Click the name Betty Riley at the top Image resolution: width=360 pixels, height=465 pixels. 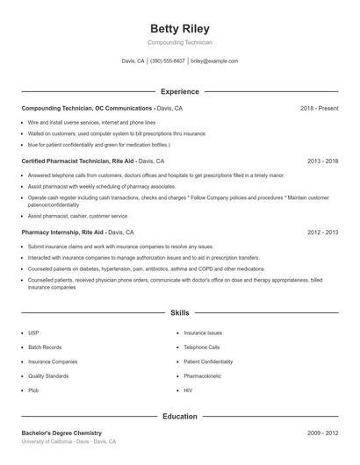coord(180,28)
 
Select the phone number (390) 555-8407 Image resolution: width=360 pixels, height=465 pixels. coord(168,61)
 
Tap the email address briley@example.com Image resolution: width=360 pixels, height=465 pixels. coord(214,61)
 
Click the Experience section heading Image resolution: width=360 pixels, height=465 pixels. coord(180,91)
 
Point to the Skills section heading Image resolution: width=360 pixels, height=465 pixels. coord(180,312)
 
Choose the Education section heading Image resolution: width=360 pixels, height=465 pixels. coord(180,417)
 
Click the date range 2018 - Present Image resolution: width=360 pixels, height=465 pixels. coord(320,108)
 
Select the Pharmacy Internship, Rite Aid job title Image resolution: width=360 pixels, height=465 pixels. coord(63,232)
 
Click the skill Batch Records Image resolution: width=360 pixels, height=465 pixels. coord(44,347)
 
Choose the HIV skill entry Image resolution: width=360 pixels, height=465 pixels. coord(188,390)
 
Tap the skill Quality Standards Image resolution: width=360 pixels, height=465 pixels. coord(48,376)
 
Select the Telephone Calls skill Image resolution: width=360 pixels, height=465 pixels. coord(202,347)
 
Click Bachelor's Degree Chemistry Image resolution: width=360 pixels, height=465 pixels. coord(61,433)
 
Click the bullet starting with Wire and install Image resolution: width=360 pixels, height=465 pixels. coord(91,123)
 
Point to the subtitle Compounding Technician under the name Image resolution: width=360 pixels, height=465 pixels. coord(180,42)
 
